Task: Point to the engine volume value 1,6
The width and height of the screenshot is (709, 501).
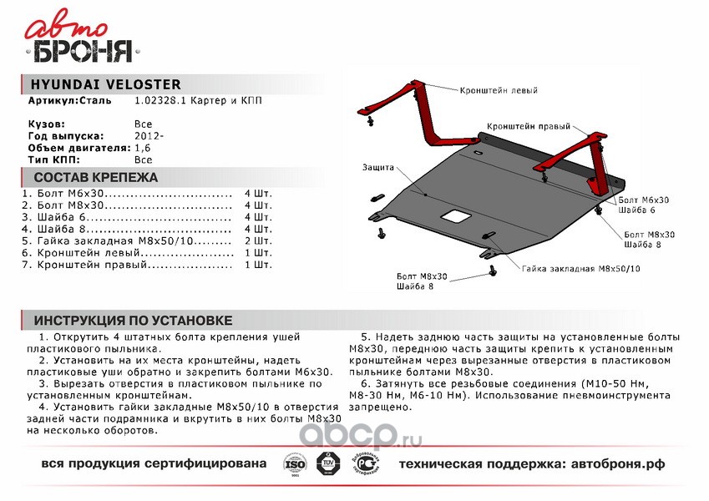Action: click(x=143, y=147)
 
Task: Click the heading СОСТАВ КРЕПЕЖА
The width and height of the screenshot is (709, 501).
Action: click(x=95, y=179)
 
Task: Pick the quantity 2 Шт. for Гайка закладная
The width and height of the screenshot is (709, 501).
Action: click(x=258, y=240)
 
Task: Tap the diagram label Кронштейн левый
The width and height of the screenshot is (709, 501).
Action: click(x=498, y=89)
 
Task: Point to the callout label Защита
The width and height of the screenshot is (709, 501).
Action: click(x=377, y=167)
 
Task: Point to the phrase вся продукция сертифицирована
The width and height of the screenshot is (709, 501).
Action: click(x=154, y=463)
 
